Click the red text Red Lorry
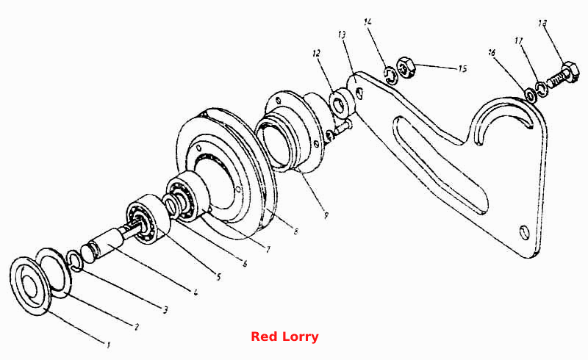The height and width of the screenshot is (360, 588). pos(284,336)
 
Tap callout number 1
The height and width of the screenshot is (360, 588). pos(108,345)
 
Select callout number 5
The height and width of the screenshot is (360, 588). pos(218,277)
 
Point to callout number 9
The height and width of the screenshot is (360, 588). pos(326,215)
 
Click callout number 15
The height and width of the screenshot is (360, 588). pos(462,68)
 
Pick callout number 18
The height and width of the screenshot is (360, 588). pos(542,24)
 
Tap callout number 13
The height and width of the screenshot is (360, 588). pos(342,35)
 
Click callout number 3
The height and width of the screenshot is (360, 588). pos(165,310)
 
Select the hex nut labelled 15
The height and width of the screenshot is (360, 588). pos(406,68)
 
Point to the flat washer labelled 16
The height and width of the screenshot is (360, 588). pos(529,95)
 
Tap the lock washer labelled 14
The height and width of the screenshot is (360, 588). pos(390,75)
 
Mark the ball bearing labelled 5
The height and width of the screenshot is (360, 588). pos(147,220)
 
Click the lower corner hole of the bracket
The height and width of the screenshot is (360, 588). pos(524,232)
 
